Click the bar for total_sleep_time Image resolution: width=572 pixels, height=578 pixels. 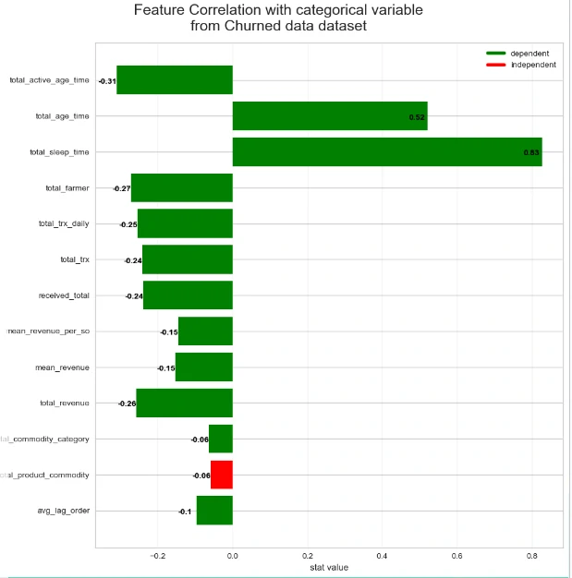pos(386,152)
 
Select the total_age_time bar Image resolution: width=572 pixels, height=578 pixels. pos(329,116)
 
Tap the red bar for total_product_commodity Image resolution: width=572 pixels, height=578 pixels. pos(222,475)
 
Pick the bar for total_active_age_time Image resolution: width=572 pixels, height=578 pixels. pos(174,80)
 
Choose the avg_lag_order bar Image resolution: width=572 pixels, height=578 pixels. pos(214,511)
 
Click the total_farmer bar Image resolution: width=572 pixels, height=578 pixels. pos(181,188)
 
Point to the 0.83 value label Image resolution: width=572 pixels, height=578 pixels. pos(531,152)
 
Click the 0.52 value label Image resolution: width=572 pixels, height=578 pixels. pos(416,117)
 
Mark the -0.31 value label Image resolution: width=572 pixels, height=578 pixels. pos(106,81)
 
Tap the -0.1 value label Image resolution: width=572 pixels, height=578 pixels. pos(185,512)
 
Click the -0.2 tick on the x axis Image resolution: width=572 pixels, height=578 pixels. pos(157,556)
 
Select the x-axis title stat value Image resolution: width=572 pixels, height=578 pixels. pos(328,567)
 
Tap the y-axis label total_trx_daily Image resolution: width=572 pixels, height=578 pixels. pos(64,224)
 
